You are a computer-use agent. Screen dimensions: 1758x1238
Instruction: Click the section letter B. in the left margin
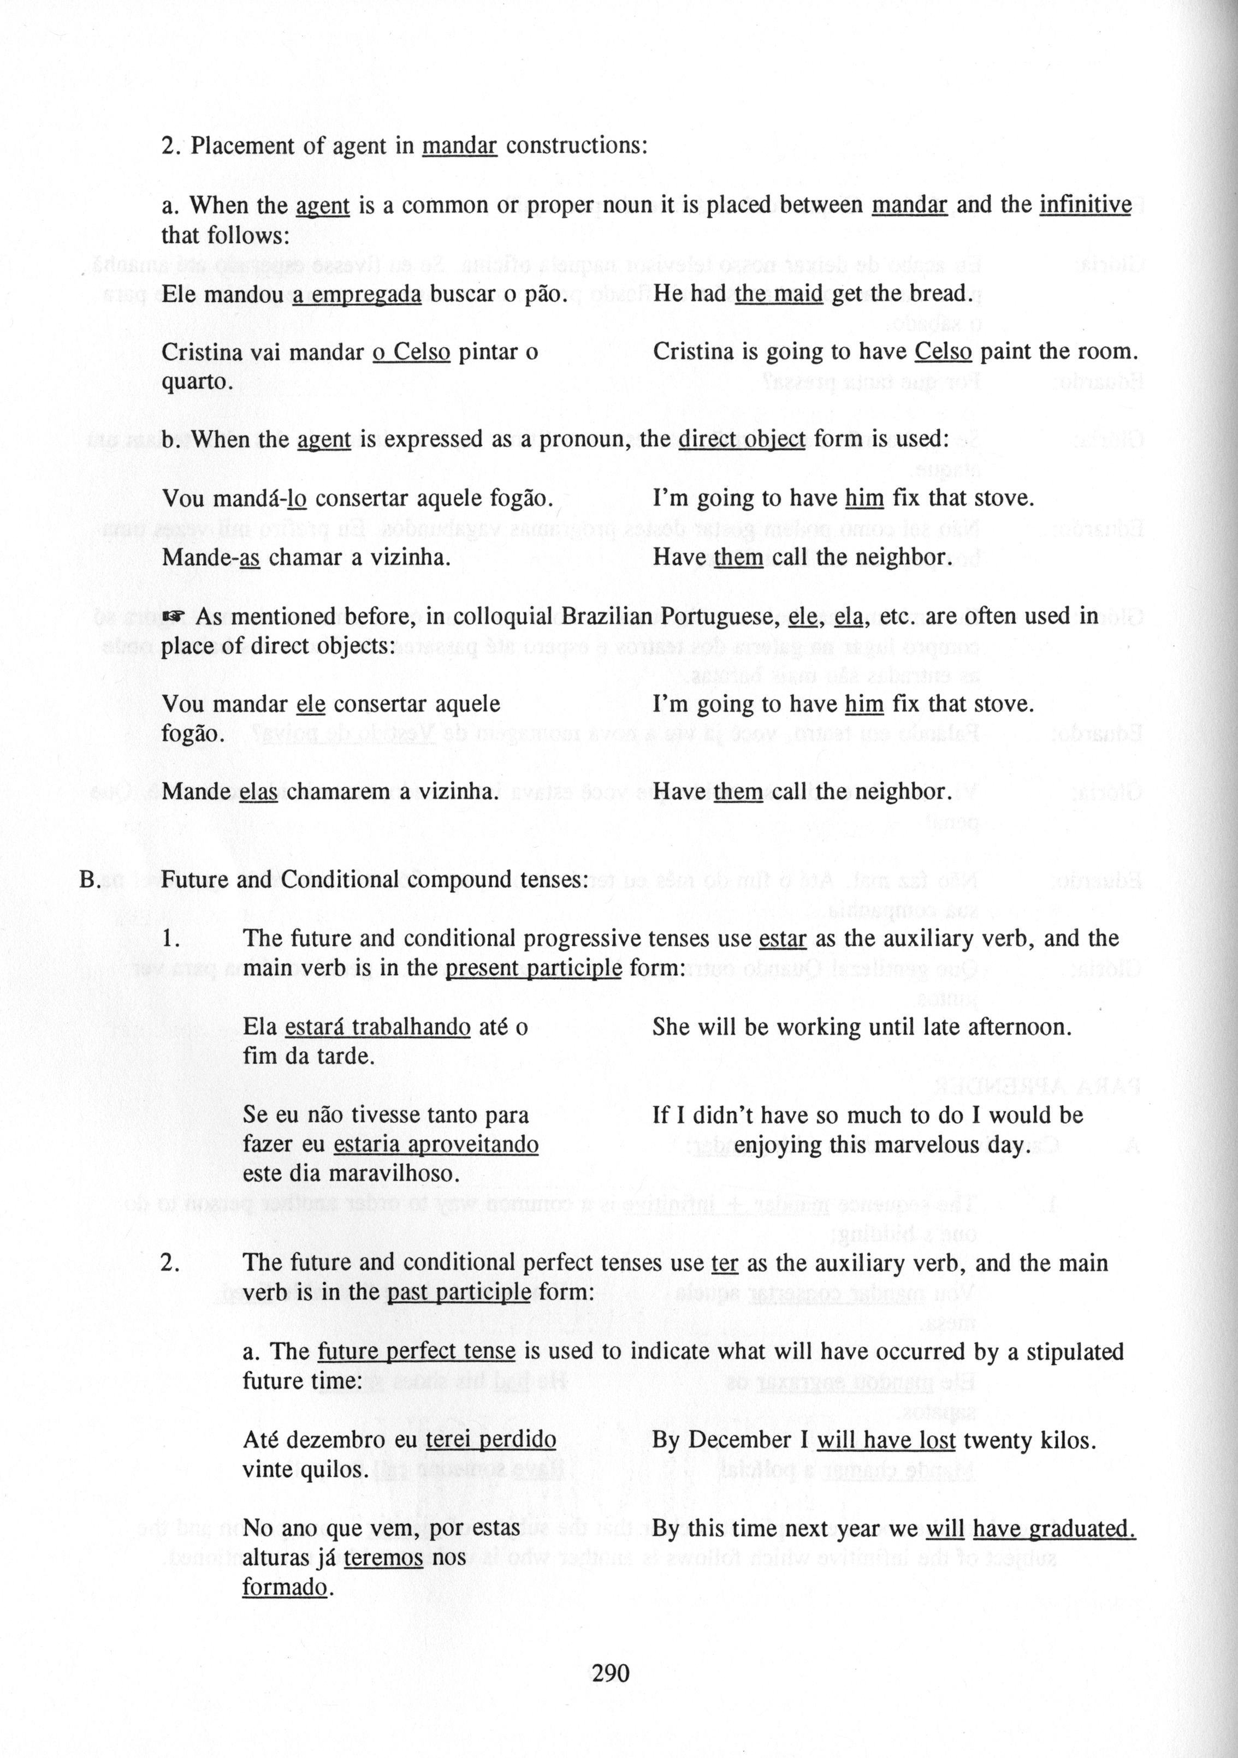pyautogui.click(x=91, y=880)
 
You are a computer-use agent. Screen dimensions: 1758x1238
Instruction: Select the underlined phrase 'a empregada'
pyautogui.click(x=356, y=294)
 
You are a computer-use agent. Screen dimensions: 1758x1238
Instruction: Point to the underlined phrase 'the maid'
pyautogui.click(x=778, y=294)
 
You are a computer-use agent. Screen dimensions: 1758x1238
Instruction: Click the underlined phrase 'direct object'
pyautogui.click(x=742, y=439)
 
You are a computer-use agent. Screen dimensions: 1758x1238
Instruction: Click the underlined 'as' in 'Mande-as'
pyautogui.click(x=250, y=557)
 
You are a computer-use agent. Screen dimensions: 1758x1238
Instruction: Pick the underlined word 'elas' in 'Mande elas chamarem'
pyautogui.click(x=258, y=792)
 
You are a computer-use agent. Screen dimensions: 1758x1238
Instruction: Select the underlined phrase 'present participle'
pyautogui.click(x=533, y=969)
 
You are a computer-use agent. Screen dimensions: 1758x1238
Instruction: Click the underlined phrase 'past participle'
pyautogui.click(x=459, y=1292)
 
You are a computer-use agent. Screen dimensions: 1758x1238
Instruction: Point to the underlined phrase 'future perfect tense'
pyautogui.click(x=416, y=1351)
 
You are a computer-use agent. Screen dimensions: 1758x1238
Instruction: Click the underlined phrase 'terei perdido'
pyautogui.click(x=490, y=1440)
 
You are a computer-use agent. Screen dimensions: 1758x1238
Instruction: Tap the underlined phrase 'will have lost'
pyautogui.click(x=886, y=1440)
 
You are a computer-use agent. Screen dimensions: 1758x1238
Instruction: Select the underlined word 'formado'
pyautogui.click(x=284, y=1587)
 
